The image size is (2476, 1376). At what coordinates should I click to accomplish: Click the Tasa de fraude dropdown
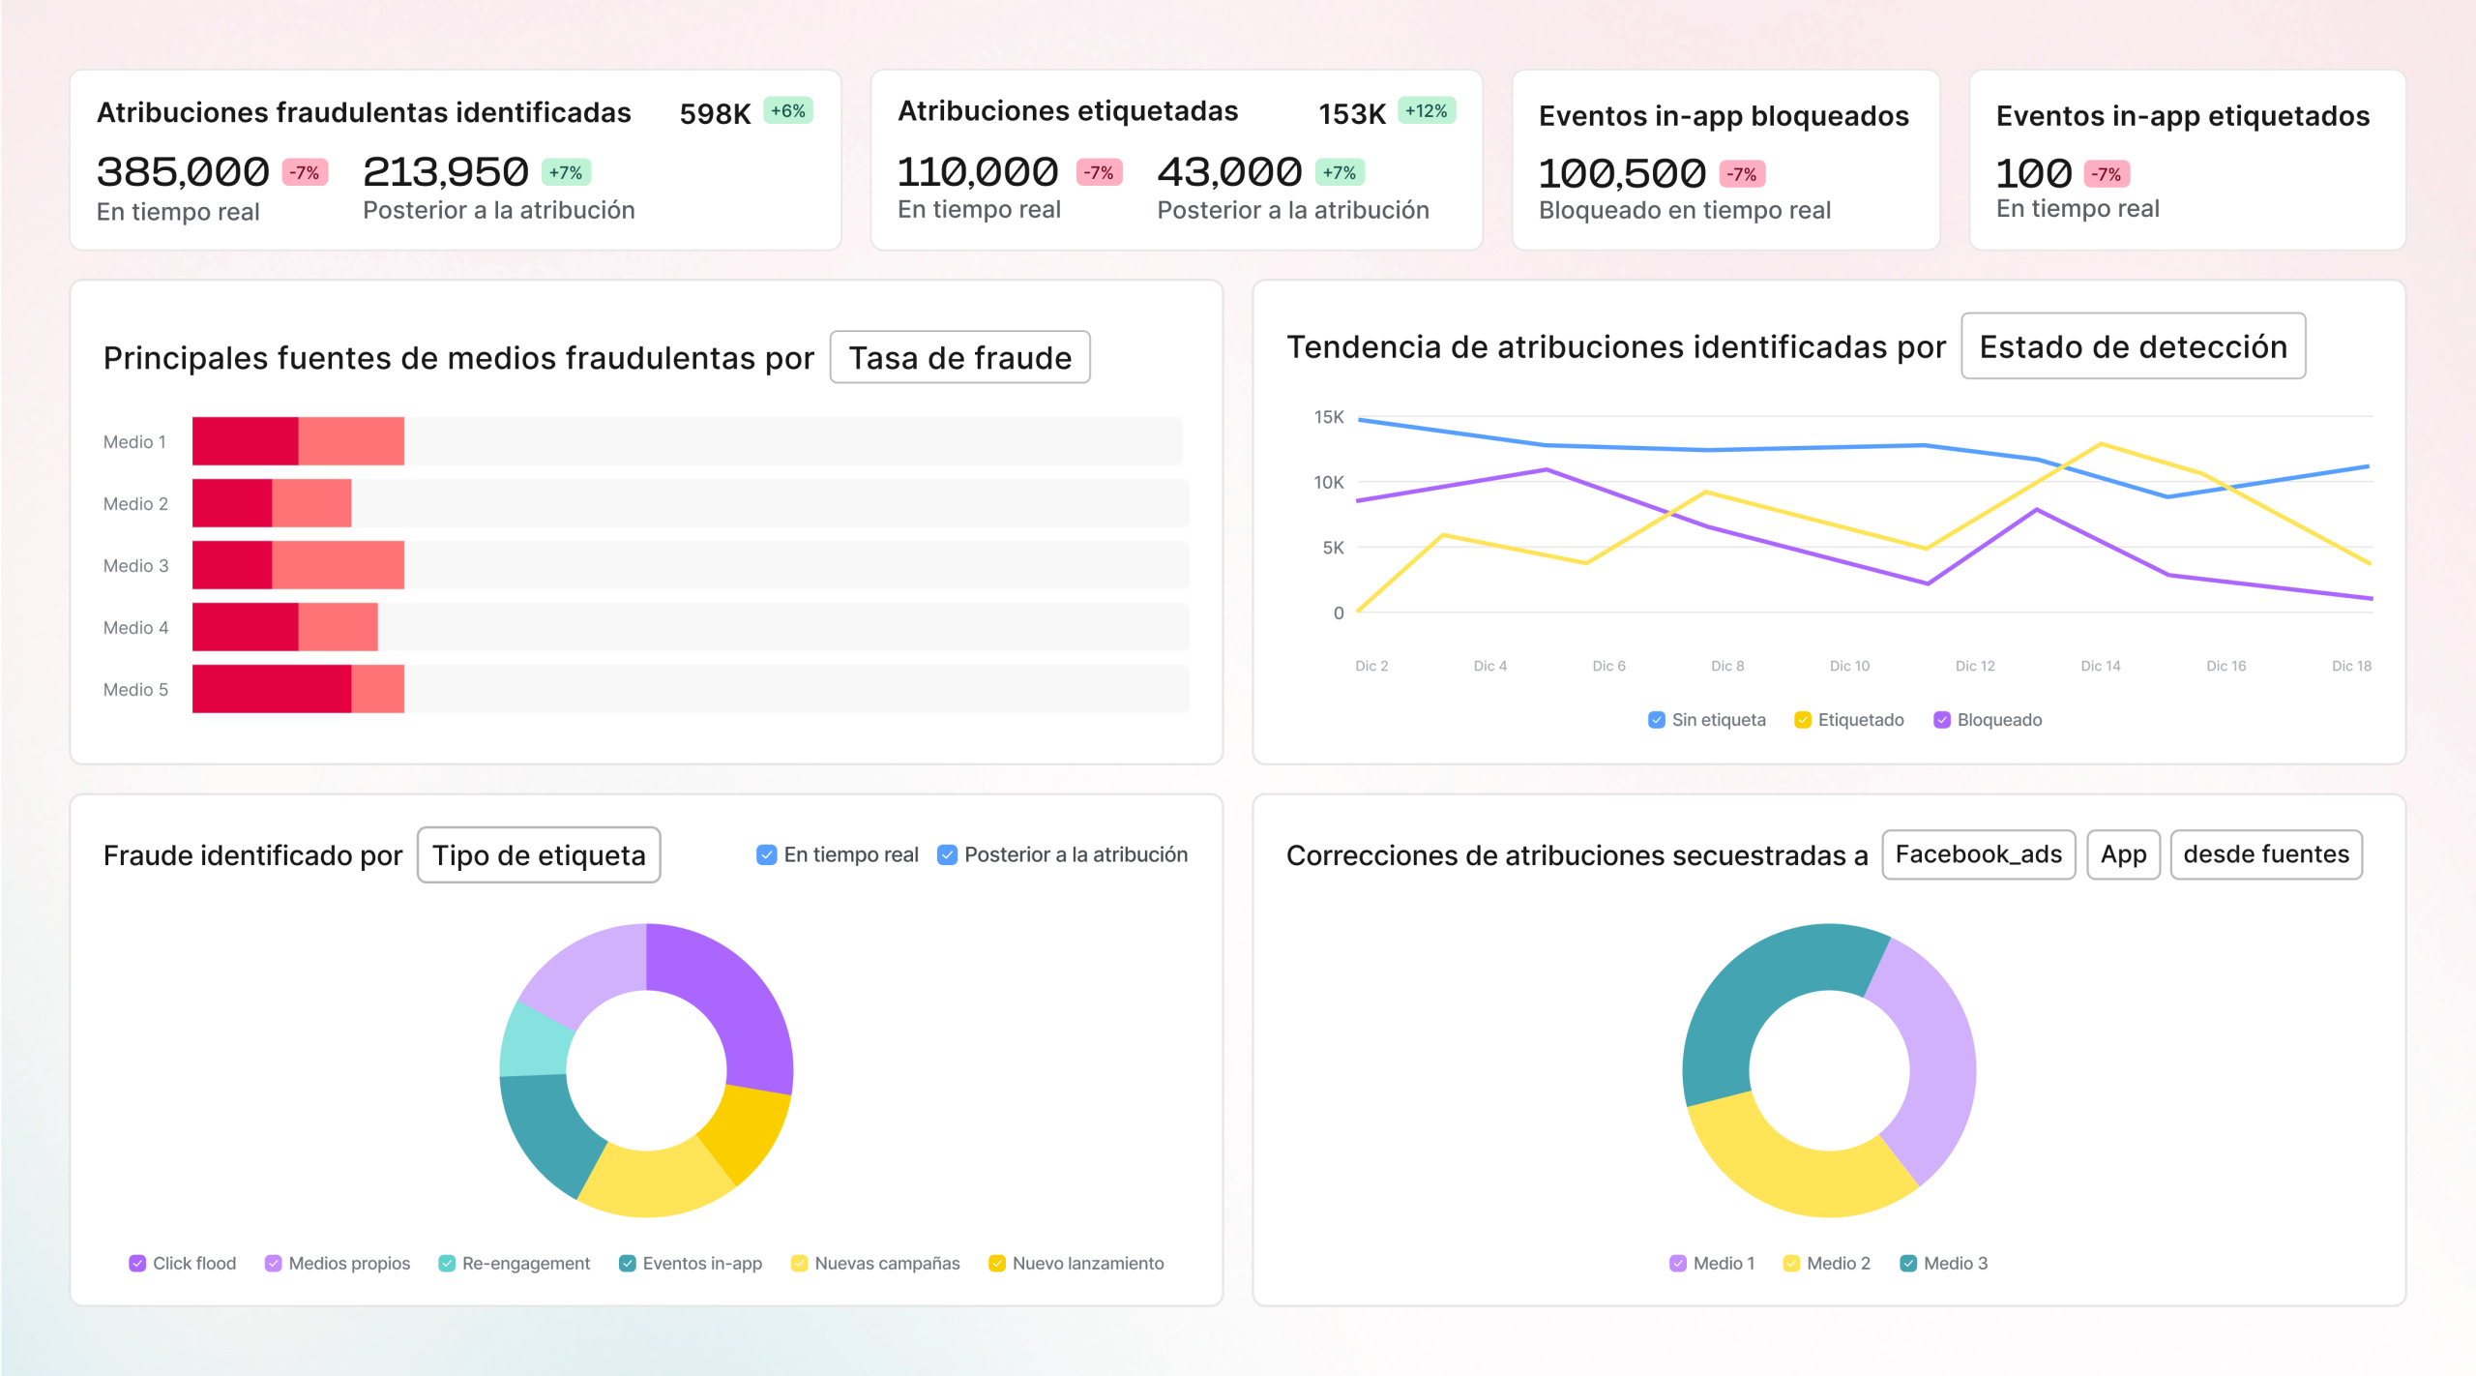point(959,358)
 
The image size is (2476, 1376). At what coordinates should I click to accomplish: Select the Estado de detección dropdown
point(2133,346)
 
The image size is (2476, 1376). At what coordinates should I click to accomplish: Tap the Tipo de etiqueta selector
point(539,855)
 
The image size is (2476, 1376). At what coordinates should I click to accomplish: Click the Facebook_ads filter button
point(1978,854)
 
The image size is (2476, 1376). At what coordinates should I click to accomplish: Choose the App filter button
point(2123,854)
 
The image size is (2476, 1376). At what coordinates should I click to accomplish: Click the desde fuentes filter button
point(2265,854)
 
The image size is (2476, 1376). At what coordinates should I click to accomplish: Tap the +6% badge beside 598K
point(787,111)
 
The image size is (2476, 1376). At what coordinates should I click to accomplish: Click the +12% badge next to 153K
point(1426,111)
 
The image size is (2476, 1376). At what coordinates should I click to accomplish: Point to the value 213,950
point(445,172)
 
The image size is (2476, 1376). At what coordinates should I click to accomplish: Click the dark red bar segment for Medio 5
point(271,689)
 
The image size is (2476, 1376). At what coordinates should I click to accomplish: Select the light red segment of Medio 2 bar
point(311,503)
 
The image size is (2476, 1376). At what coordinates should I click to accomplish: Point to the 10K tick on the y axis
point(1328,482)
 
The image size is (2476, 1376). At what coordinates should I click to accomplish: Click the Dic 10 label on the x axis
point(1849,666)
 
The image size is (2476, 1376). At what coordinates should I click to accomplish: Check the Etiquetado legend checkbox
point(1803,720)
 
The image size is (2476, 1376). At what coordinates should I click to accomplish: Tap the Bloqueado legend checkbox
point(1941,720)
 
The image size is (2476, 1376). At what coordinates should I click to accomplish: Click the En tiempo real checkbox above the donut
point(766,855)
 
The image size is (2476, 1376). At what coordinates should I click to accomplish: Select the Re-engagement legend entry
point(515,1264)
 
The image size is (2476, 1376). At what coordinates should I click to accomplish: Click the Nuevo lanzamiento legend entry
point(1076,1264)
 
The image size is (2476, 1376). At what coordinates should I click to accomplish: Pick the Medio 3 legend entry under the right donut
point(1944,1264)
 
